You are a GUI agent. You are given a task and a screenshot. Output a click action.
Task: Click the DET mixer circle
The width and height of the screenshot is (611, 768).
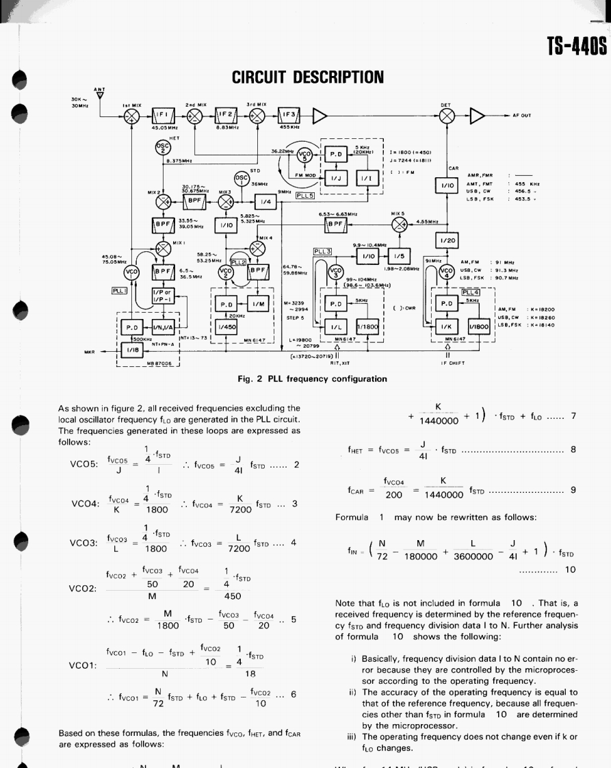coord(447,115)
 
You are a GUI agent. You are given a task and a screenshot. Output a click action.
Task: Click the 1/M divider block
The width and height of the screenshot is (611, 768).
coord(258,303)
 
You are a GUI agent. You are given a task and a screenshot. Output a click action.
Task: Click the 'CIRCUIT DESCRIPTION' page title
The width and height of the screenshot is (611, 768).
coord(307,75)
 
